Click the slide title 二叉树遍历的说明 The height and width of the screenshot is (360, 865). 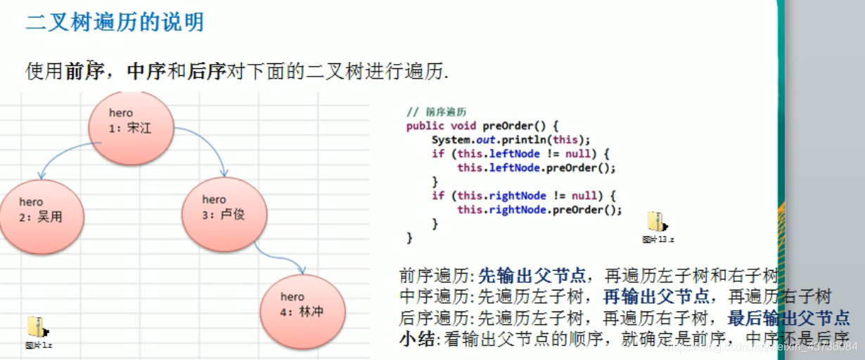[115, 22]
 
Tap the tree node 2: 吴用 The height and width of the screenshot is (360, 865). [41, 210]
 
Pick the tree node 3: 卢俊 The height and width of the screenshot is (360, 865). [224, 209]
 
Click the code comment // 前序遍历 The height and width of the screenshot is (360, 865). [437, 112]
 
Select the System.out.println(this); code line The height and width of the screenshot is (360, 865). [511, 139]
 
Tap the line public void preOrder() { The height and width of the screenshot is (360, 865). [482, 126]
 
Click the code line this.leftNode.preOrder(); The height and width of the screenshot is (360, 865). [536, 167]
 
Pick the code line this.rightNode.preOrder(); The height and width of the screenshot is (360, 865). [539, 210]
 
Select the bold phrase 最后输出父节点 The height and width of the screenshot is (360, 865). [788, 318]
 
